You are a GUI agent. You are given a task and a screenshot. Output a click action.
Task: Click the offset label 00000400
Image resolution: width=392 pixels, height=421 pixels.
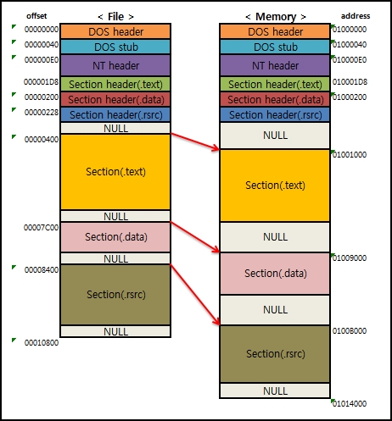[42, 139]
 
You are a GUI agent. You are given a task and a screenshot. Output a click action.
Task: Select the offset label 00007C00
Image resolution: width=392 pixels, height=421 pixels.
[42, 227]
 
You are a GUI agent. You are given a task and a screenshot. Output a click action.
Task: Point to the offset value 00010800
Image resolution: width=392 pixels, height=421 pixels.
[42, 343]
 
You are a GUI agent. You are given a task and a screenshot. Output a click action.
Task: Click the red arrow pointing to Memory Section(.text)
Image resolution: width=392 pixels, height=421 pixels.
[196, 141]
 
